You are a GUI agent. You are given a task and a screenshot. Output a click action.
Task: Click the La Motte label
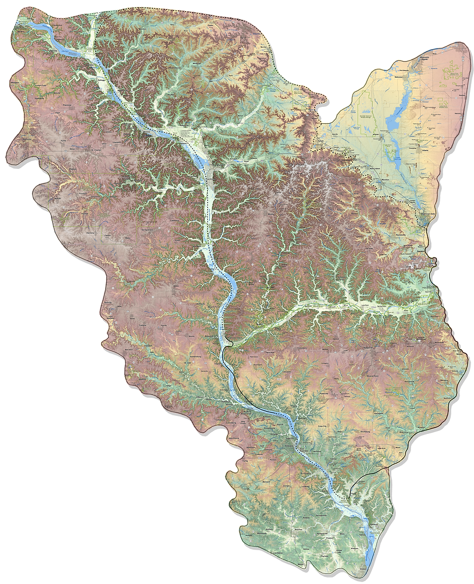304,485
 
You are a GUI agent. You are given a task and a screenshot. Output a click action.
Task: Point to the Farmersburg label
175,327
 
